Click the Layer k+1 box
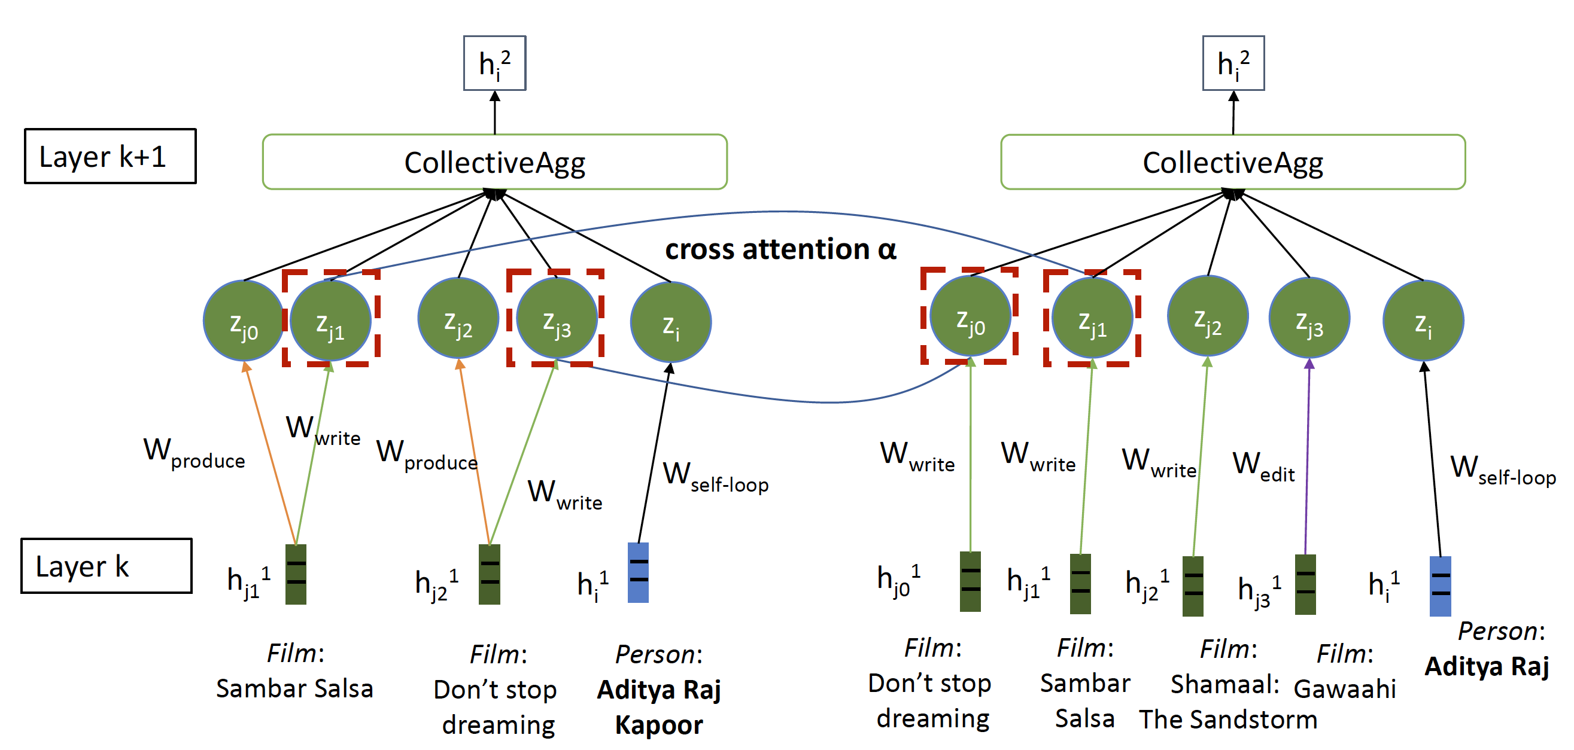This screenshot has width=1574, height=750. tap(110, 156)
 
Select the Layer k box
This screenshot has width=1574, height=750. tap(107, 566)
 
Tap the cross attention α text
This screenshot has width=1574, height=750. tap(780, 249)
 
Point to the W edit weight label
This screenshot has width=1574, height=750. tap(1263, 466)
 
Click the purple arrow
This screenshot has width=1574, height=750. tap(1308, 458)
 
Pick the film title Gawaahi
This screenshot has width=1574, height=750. tap(1345, 689)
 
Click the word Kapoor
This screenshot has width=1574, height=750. tap(659, 725)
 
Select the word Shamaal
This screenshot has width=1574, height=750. tap(1224, 684)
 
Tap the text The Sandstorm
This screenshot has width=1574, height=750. tap(1228, 719)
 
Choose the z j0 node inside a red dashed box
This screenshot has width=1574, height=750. tap(970, 316)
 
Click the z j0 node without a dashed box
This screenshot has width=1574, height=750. tap(243, 321)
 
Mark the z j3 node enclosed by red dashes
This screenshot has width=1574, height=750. tap(557, 318)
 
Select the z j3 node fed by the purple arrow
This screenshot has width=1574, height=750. tap(1309, 318)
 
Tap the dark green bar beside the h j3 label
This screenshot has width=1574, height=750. tap(1305, 584)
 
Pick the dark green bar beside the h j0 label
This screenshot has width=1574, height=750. tap(970, 581)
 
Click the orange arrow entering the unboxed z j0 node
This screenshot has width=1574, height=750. tap(271, 452)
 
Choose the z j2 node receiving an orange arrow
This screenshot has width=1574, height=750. tap(458, 318)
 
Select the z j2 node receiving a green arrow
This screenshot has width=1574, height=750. tap(1207, 316)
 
